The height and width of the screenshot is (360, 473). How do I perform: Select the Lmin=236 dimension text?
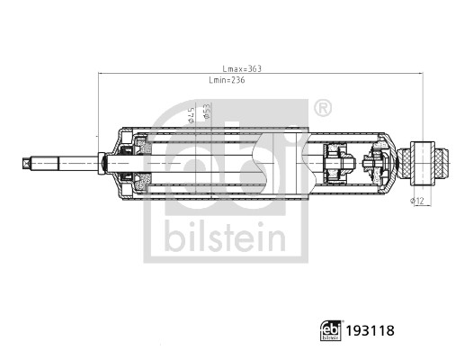(226, 81)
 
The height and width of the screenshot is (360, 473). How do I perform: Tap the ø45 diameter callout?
(191, 115)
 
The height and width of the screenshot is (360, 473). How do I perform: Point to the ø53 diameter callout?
(206, 111)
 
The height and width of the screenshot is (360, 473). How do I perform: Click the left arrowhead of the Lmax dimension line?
(100, 75)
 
